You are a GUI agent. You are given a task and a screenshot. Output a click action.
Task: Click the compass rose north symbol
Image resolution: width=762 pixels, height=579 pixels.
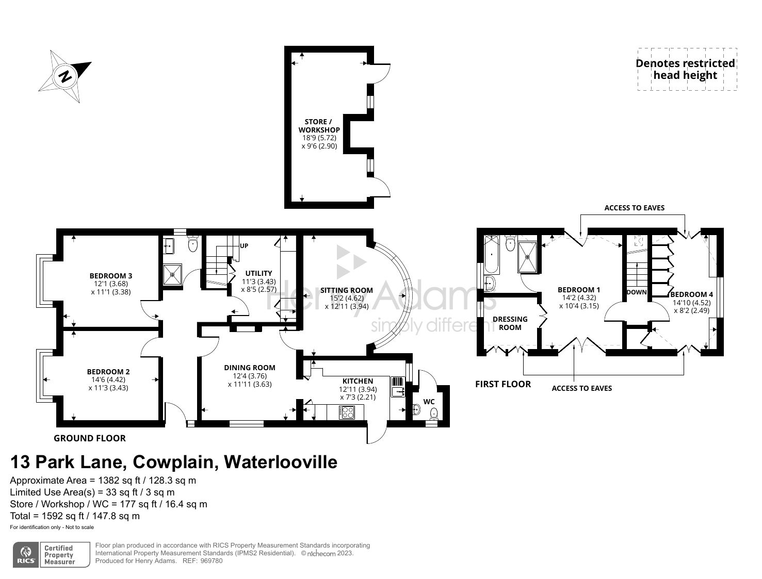pyautogui.click(x=65, y=76)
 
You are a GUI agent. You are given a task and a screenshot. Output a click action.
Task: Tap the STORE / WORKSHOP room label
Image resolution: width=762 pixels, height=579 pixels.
pyautogui.click(x=319, y=126)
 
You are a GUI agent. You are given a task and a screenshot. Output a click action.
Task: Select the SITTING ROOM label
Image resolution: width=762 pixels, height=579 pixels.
pyautogui.click(x=346, y=290)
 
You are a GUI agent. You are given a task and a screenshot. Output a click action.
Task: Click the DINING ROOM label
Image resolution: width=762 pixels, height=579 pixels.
pyautogui.click(x=250, y=368)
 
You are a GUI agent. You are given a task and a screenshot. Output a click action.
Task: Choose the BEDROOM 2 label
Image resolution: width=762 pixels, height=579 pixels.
pyautogui.click(x=108, y=372)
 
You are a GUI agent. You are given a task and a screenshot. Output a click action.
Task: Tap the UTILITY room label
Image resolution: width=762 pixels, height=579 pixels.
pyautogui.click(x=258, y=273)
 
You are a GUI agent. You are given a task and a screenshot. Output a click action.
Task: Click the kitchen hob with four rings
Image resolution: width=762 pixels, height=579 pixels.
pyautogui.click(x=347, y=412)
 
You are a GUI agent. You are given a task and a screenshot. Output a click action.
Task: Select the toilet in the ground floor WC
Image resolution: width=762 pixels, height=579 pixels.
pyautogui.click(x=434, y=412)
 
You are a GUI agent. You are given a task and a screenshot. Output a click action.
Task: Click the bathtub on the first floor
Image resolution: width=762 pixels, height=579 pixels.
pyautogui.click(x=492, y=255)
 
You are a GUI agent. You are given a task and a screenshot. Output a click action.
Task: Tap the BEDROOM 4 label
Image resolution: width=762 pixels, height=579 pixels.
pyautogui.click(x=691, y=294)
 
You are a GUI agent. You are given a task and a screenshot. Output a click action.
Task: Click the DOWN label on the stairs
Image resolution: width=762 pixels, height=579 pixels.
pyautogui.click(x=637, y=292)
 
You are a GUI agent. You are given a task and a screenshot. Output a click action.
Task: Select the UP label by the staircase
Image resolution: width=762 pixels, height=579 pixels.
pyautogui.click(x=244, y=246)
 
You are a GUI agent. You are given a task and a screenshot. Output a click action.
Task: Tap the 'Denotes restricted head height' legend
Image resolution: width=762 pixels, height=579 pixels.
pyautogui.click(x=686, y=69)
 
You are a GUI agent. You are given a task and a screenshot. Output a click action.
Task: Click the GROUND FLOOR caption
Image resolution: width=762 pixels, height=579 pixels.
pyautogui.click(x=90, y=438)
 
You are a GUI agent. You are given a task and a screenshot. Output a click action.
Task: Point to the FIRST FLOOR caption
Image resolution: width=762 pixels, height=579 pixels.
pyautogui.click(x=503, y=384)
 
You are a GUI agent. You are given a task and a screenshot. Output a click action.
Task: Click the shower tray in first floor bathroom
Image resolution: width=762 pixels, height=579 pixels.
pyautogui.click(x=527, y=256)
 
